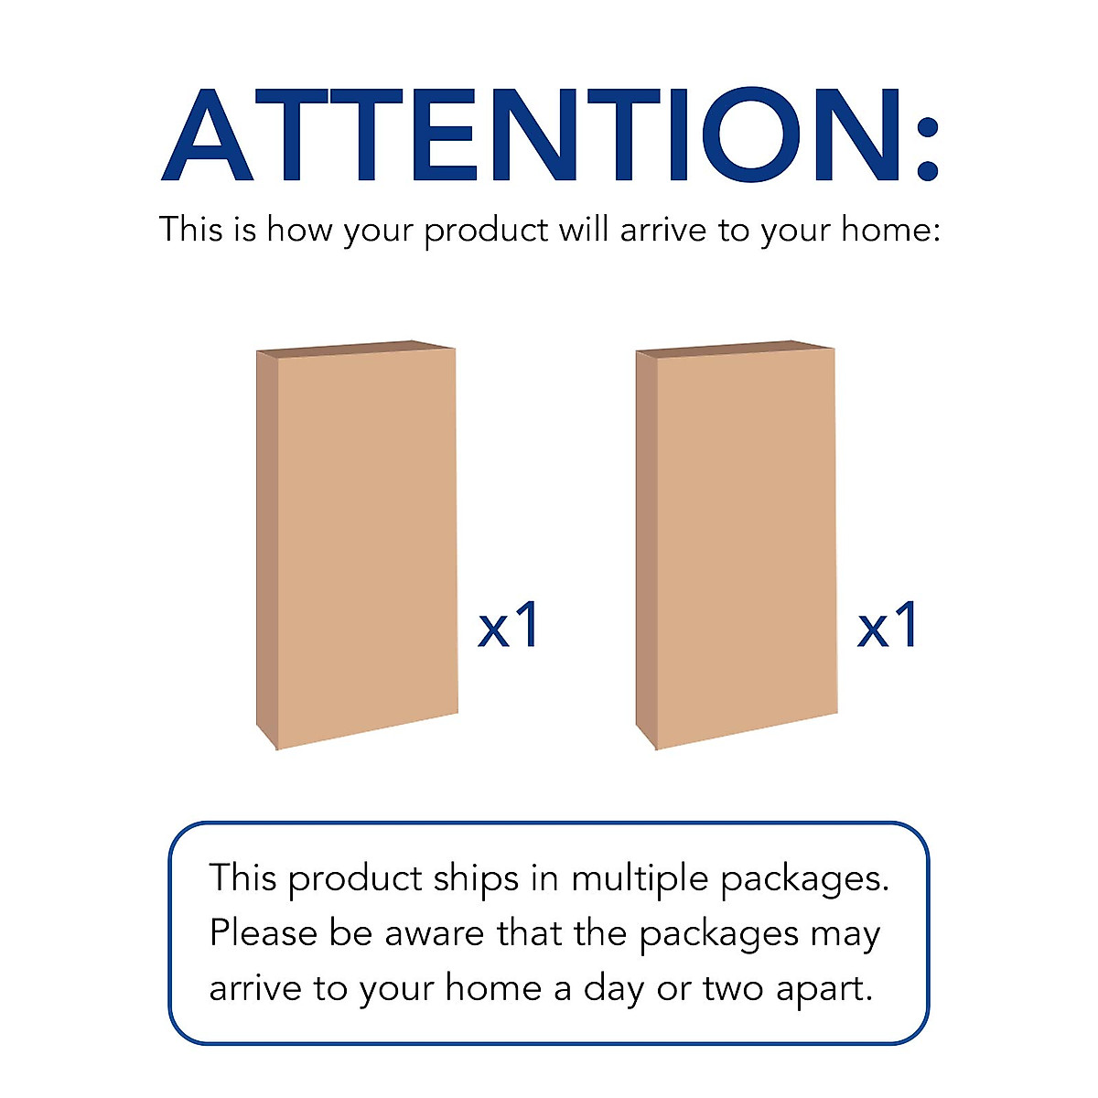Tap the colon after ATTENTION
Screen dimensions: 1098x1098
coord(926,146)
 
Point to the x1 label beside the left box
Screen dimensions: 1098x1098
coord(509,627)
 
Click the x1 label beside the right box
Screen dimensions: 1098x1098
coord(888,627)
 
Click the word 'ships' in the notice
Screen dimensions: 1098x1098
coord(476,878)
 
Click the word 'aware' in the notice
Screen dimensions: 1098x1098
coord(435,934)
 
